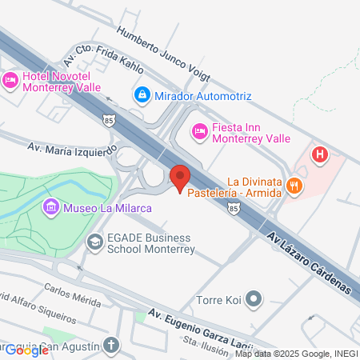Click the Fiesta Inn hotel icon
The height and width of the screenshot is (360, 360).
[x=199, y=130]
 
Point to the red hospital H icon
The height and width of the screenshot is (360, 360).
[x=320, y=154]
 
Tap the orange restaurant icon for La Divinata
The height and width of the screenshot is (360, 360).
[x=295, y=186]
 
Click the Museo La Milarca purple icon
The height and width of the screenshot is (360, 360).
[x=52, y=209]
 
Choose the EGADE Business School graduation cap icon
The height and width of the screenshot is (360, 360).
[x=95, y=241]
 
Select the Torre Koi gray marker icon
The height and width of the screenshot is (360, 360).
[x=254, y=302]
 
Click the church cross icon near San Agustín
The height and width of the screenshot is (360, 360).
[x=111, y=346]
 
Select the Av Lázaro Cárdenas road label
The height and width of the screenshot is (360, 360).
[x=309, y=262]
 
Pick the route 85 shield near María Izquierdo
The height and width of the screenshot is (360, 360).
[x=108, y=120]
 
